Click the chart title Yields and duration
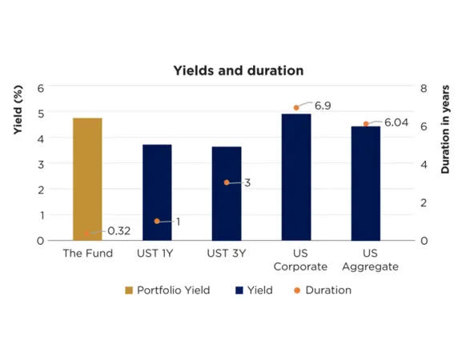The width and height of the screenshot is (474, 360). click(x=239, y=70)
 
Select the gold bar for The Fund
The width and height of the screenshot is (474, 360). click(x=87, y=179)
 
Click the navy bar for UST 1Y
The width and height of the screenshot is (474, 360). click(x=157, y=192)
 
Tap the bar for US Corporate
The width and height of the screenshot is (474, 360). click(x=296, y=177)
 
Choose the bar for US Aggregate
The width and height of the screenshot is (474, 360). click(x=366, y=183)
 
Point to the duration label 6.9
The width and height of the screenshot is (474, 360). click(x=323, y=106)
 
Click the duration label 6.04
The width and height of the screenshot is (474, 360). click(x=396, y=122)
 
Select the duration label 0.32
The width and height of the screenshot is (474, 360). click(x=118, y=231)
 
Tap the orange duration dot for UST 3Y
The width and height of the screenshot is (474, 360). click(x=227, y=182)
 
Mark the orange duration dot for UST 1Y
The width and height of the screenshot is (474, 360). click(x=157, y=221)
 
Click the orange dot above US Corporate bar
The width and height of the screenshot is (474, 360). click(x=296, y=107)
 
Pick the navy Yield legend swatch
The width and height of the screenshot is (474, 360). click(x=239, y=290)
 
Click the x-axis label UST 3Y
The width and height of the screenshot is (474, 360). click(x=227, y=254)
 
